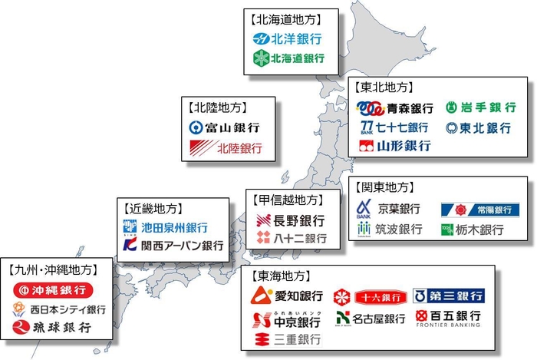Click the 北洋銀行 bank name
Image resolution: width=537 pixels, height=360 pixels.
(295, 38)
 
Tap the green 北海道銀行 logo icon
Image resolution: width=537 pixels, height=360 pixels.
(259, 58)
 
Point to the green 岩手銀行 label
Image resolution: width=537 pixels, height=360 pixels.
(487, 107)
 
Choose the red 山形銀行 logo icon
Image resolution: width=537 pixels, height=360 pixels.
(366, 145)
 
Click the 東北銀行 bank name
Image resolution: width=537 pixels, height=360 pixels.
(485, 127)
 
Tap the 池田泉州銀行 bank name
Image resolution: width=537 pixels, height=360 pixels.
(175, 228)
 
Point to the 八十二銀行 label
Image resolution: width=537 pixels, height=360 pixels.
(301, 239)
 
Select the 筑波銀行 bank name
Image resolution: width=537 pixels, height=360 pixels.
(399, 230)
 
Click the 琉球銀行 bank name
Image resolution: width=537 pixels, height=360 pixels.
(62, 328)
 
